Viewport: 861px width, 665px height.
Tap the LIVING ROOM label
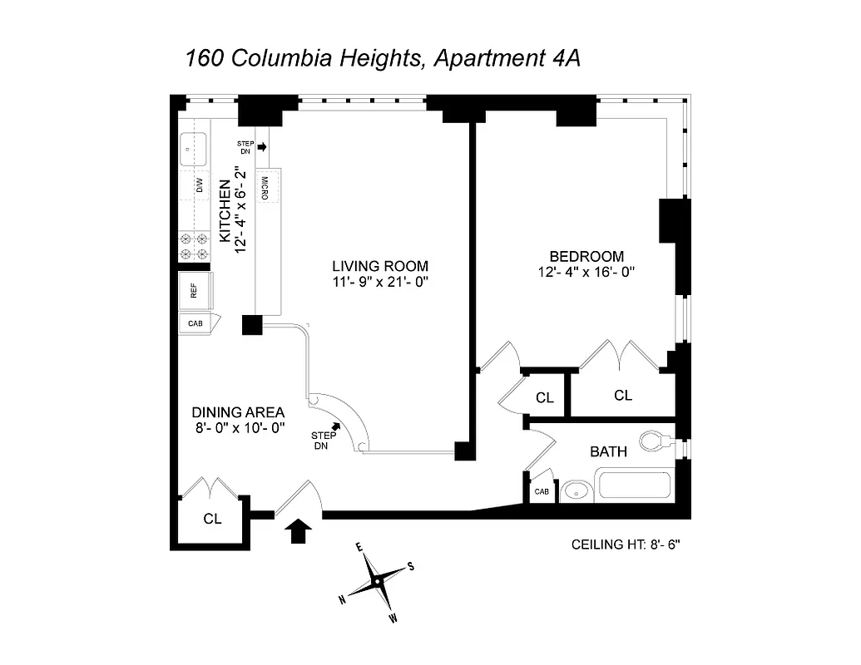click(x=380, y=266)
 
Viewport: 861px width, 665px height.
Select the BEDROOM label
click(x=586, y=256)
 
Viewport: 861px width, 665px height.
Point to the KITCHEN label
click(x=225, y=211)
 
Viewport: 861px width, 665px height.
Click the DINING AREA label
click(x=239, y=411)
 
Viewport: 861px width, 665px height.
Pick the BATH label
click(x=608, y=451)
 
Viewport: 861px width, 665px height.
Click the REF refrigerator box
click(x=195, y=291)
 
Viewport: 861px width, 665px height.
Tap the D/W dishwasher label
click(x=200, y=185)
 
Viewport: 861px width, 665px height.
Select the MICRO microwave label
click(x=264, y=188)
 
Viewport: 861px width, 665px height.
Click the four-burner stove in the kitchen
click(x=194, y=246)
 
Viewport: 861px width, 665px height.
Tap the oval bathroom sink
click(x=575, y=491)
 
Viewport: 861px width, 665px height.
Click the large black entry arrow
click(x=298, y=530)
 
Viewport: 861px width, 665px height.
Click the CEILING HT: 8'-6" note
click(x=626, y=545)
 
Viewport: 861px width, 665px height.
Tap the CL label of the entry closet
click(x=213, y=519)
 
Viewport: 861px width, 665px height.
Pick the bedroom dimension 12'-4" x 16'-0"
click(x=586, y=272)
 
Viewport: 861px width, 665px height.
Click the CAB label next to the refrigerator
click(x=194, y=323)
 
